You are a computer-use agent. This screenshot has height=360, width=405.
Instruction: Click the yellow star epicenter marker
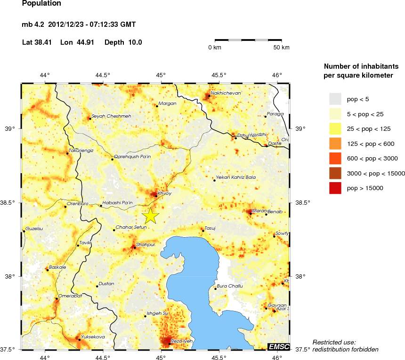[150, 216]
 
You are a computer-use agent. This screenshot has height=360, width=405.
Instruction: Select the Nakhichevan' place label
[227, 93]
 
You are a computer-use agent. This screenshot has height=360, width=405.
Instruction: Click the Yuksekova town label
[93, 336]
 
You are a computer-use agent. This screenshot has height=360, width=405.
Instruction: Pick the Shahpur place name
[145, 245]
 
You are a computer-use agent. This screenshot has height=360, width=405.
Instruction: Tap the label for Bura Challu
[230, 286]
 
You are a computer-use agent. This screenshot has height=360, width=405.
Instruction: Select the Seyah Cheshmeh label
[111, 116]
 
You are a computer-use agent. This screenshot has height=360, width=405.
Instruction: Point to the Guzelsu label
[34, 228]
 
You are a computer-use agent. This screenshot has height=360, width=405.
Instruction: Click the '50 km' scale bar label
[282, 48]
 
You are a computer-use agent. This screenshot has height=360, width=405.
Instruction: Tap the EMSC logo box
[278, 346]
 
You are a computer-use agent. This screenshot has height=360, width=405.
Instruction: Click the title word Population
[41, 3]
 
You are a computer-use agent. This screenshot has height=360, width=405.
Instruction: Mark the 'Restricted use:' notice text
[334, 342]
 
